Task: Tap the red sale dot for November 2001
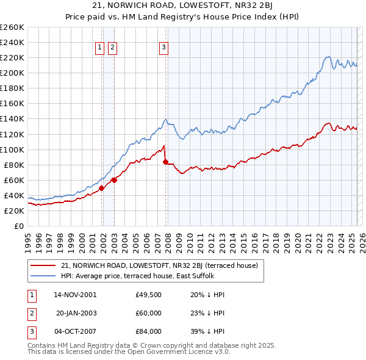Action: click(x=101, y=188)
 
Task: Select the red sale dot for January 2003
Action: click(x=114, y=180)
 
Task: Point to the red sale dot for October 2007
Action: click(x=166, y=162)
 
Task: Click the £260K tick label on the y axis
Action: click(x=12, y=27)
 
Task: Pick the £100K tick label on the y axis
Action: click(x=12, y=149)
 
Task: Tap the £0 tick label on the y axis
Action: click(x=18, y=226)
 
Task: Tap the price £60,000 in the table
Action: click(x=149, y=313)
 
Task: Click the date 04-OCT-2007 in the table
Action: click(x=75, y=332)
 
